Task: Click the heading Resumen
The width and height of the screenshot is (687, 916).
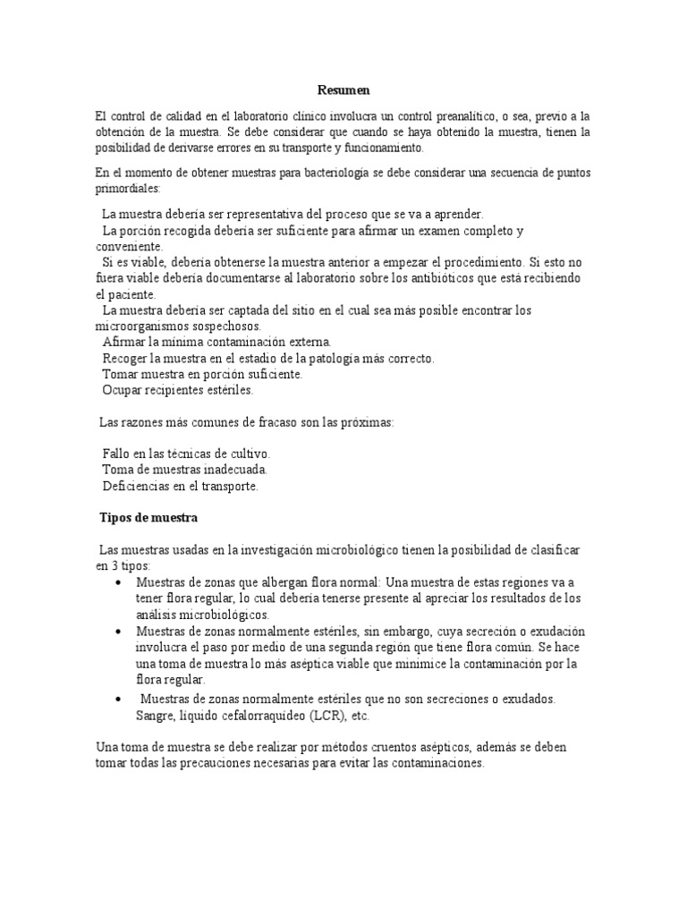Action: pyautogui.click(x=343, y=90)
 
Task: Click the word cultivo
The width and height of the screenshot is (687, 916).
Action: pyautogui.click(x=245, y=454)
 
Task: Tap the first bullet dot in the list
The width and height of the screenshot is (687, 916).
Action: pyautogui.click(x=119, y=582)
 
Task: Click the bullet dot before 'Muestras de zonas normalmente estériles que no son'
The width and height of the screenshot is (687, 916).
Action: pyautogui.click(x=119, y=699)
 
